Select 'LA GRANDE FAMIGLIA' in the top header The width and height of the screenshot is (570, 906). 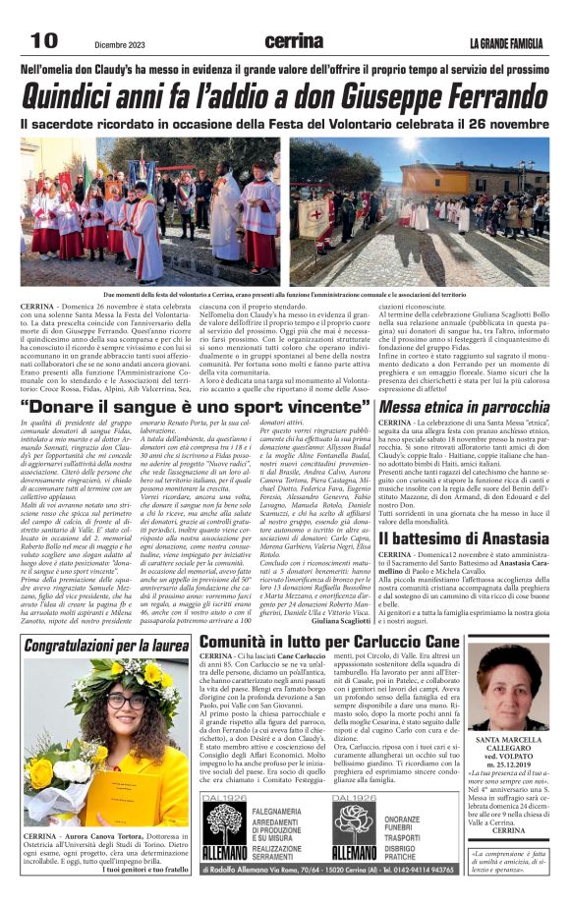click(x=506, y=42)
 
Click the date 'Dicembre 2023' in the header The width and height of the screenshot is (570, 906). click(x=122, y=44)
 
